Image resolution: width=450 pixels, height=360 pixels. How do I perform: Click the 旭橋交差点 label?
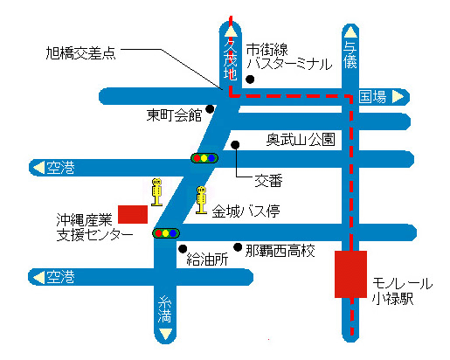tap(81, 53)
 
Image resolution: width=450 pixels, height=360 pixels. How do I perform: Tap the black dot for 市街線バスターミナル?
tap(250, 79)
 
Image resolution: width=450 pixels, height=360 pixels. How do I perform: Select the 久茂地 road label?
tap(230, 59)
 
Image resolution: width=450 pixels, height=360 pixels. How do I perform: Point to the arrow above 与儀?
tap(350, 32)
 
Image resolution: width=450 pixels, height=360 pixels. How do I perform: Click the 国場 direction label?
tap(372, 96)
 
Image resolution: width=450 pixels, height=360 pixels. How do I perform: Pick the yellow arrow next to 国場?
tap(398, 97)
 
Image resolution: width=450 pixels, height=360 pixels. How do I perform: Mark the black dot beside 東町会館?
tap(210, 109)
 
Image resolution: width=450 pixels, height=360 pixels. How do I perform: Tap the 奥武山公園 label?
tap(301, 140)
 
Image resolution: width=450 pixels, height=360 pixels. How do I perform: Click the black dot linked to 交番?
tap(235, 145)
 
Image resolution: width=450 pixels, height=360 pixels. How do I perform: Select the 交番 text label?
tap(268, 181)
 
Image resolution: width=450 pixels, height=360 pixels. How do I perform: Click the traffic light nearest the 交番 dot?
tap(204, 158)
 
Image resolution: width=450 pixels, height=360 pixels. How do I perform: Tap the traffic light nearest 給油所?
tap(166, 233)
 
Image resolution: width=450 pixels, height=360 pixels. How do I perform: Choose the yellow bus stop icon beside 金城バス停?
tap(201, 200)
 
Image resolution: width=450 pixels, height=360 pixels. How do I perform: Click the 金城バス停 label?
tap(246, 211)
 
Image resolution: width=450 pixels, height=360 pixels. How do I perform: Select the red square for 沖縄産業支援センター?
tap(133, 214)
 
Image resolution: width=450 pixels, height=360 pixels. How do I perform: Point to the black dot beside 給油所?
tap(183, 249)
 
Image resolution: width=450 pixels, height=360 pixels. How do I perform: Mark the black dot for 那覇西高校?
tap(238, 247)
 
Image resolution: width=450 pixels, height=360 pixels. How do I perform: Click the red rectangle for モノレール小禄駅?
tap(350, 274)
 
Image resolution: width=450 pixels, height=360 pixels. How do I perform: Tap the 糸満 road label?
tap(165, 309)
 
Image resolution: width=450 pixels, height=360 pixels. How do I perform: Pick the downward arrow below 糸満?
tap(165, 334)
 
